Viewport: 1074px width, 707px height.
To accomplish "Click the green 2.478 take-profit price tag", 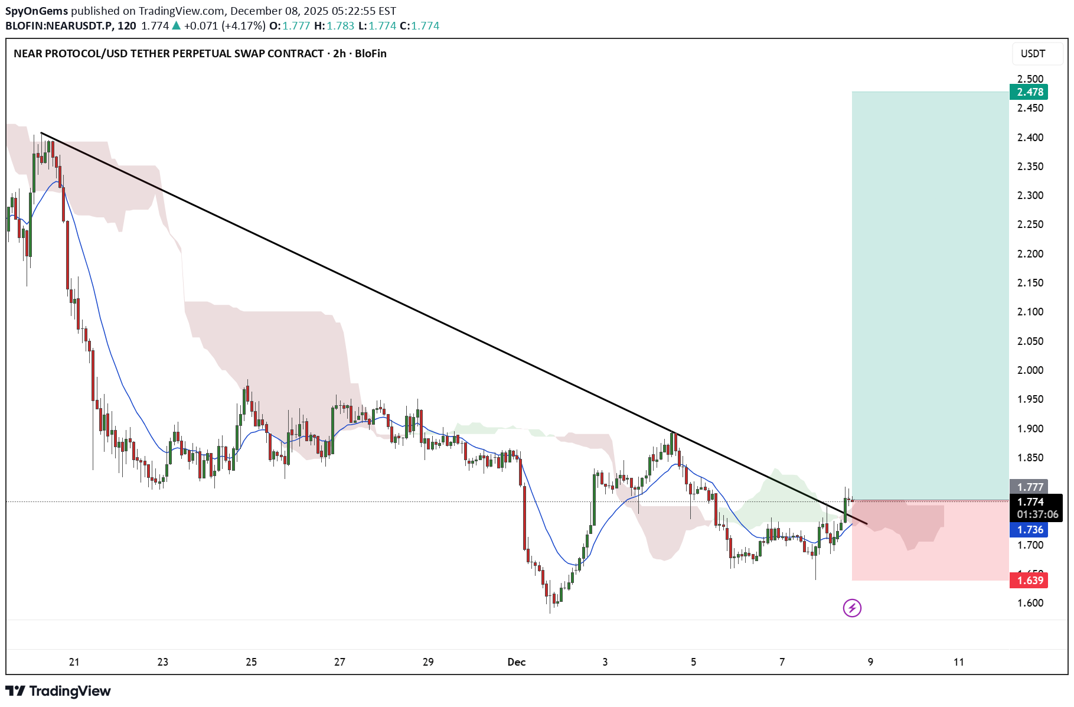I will point(1030,92).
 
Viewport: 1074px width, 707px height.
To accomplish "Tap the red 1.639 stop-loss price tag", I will point(1030,580).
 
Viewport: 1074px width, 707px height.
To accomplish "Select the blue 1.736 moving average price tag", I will point(1030,530).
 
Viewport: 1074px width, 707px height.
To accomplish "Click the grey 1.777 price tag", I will point(1030,487).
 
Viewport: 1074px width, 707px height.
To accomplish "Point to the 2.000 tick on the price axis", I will point(1030,370).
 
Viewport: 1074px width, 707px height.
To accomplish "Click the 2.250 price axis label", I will point(1030,224).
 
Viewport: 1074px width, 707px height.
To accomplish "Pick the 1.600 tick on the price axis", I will point(1030,603).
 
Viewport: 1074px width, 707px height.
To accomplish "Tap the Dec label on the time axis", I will point(516,662).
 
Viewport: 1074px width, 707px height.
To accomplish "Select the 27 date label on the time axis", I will point(339,662).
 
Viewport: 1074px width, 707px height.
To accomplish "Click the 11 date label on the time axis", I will point(959,662).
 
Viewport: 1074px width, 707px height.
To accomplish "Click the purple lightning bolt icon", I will point(852,608).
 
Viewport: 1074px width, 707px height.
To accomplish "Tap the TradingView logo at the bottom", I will point(58,691).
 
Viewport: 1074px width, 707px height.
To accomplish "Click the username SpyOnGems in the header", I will point(37,11).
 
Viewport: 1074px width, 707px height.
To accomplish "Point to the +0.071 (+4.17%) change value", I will point(224,26).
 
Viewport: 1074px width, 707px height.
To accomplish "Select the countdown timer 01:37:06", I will point(1037,514).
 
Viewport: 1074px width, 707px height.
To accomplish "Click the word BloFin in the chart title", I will point(371,54).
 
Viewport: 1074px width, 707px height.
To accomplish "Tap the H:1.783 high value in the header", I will point(334,26).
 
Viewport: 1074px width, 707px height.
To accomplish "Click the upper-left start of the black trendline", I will point(41,133).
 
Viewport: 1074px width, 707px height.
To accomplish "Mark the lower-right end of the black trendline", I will point(867,523).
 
